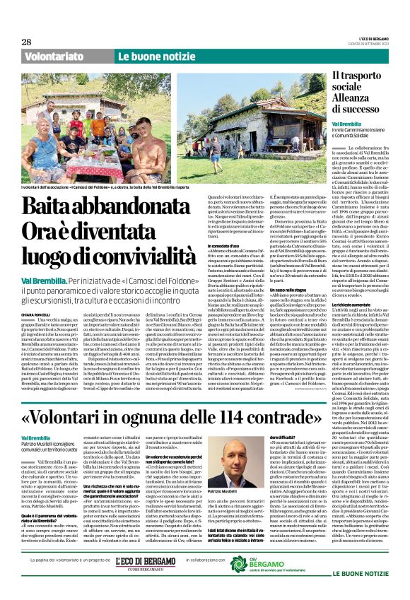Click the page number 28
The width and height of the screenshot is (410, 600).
(26, 42)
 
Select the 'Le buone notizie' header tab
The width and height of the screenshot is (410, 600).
(148, 56)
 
